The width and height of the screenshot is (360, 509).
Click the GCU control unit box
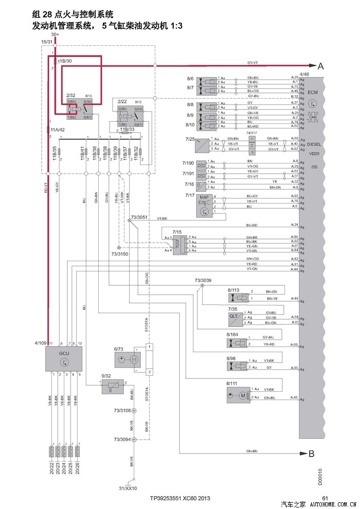[x=63, y=358]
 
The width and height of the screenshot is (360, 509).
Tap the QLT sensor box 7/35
[x=234, y=317]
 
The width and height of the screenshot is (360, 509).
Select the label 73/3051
[x=139, y=217]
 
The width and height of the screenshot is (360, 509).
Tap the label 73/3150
[x=119, y=254]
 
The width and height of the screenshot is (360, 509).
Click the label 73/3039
[x=203, y=281]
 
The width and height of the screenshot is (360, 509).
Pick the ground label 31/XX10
[x=129, y=488]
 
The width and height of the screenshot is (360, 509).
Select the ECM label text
[x=313, y=92]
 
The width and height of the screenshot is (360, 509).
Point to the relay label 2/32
[x=71, y=95]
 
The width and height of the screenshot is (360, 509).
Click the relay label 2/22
[x=122, y=101]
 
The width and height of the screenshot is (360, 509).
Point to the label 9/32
[x=106, y=376]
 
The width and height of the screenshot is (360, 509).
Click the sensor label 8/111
[x=231, y=384]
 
